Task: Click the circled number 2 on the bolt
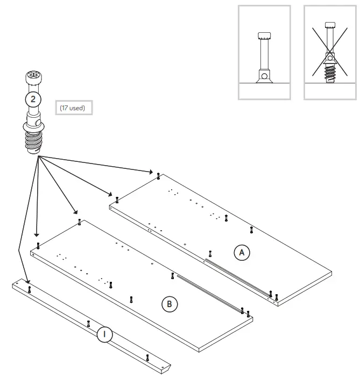coord(33,99)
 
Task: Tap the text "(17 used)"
coord(73,108)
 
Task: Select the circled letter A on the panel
coord(242,252)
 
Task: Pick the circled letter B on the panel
coord(170,304)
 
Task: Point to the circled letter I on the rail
coord(104,335)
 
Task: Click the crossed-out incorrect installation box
coord(330,53)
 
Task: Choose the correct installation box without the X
coord(264,53)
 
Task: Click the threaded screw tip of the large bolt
coord(34,143)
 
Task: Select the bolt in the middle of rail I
coord(88,323)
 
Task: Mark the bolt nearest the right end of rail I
coord(147,357)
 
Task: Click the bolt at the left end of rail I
coord(30,289)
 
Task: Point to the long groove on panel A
coord(237,275)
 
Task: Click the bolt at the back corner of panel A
coord(158,175)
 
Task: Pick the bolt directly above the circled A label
coord(251,230)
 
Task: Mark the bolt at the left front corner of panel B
coord(38,246)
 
